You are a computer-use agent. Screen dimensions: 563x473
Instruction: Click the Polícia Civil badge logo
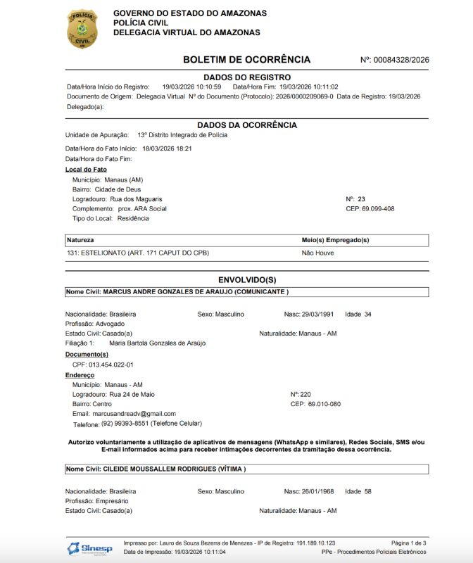82,28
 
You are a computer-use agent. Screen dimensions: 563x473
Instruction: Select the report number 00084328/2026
401,60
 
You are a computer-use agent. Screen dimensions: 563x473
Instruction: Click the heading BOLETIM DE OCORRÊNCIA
246,60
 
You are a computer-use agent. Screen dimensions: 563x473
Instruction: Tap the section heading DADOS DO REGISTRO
246,77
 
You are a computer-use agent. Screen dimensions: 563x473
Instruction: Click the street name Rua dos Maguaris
136,199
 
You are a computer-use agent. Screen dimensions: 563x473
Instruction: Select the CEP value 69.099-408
378,209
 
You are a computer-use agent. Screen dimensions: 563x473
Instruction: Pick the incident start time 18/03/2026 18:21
167,148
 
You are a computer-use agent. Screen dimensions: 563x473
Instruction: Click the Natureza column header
80,240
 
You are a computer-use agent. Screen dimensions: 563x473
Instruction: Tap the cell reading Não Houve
317,253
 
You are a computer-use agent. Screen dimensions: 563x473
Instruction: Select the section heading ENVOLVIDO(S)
246,279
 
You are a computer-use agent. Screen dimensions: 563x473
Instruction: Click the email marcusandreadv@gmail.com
134,414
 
